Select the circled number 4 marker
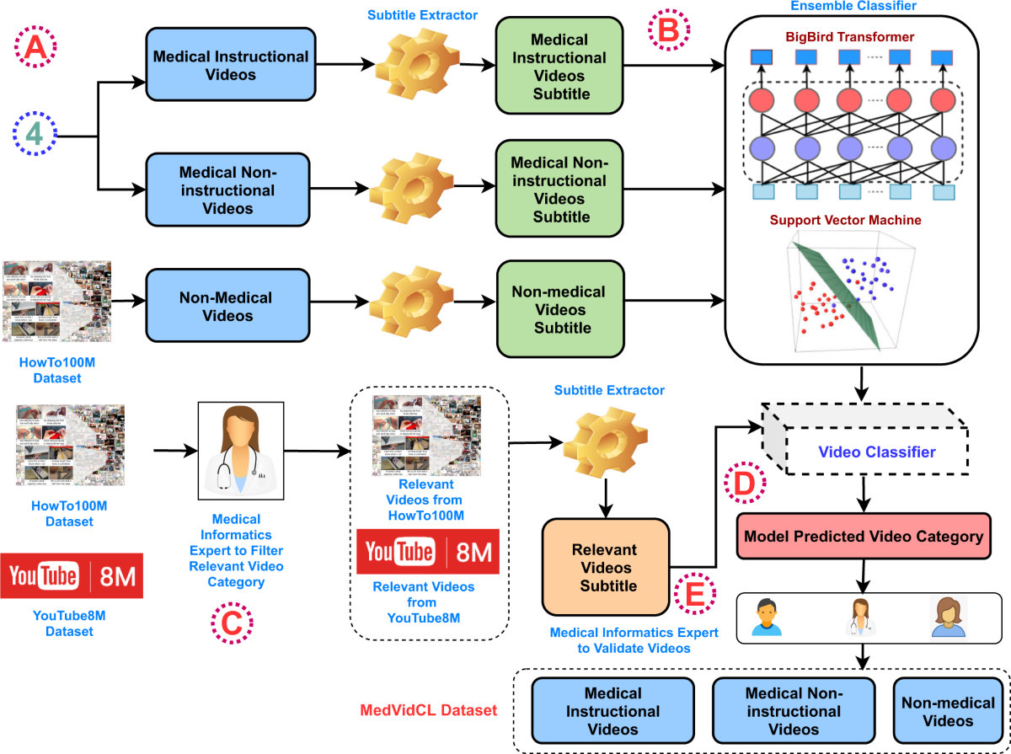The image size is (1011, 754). pyautogui.click(x=35, y=135)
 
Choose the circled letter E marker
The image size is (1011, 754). pyautogui.click(x=696, y=596)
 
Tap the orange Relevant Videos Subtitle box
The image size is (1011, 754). pyautogui.click(x=604, y=567)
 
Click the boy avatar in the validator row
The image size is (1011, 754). pyautogui.click(x=767, y=617)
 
